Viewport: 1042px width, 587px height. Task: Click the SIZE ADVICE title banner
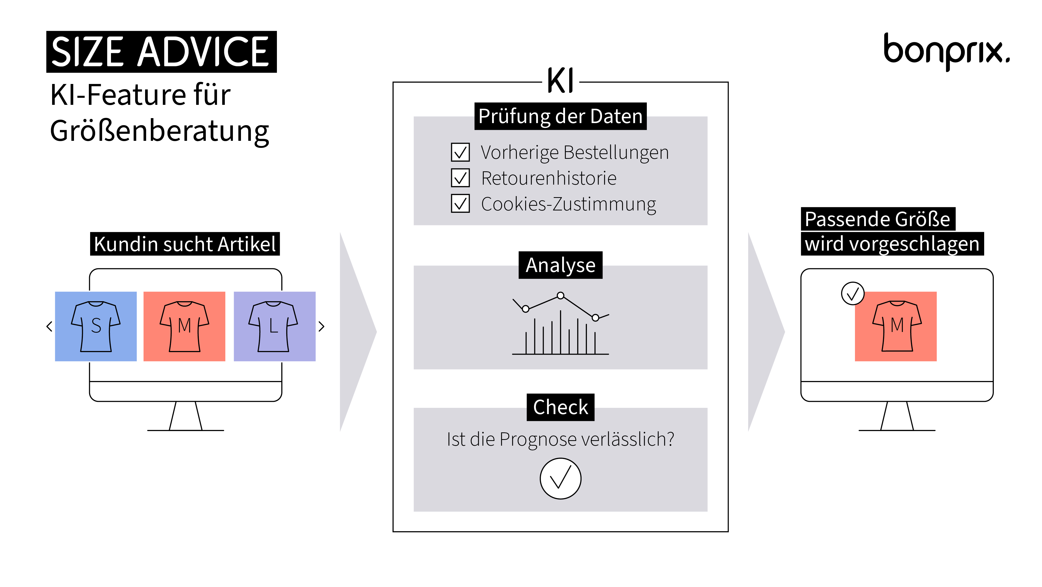(x=162, y=52)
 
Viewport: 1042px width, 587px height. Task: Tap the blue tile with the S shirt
(x=96, y=326)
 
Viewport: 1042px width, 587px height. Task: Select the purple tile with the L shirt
(x=274, y=326)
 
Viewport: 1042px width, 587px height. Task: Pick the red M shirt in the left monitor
(x=184, y=326)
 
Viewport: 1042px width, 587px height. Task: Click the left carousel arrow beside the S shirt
(x=49, y=326)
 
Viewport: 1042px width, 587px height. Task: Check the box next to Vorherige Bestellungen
(x=460, y=152)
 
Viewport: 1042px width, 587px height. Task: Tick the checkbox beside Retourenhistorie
(x=460, y=178)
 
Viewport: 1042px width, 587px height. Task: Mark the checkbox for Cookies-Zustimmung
(x=460, y=204)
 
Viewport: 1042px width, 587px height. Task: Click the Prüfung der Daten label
(x=560, y=116)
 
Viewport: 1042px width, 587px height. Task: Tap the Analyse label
(x=560, y=265)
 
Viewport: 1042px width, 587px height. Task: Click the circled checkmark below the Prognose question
(x=560, y=479)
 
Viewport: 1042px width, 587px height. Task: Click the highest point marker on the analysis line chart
(x=560, y=295)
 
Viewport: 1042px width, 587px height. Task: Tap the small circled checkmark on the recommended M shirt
(x=853, y=294)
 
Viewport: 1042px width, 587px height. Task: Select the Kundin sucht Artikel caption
(x=185, y=244)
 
